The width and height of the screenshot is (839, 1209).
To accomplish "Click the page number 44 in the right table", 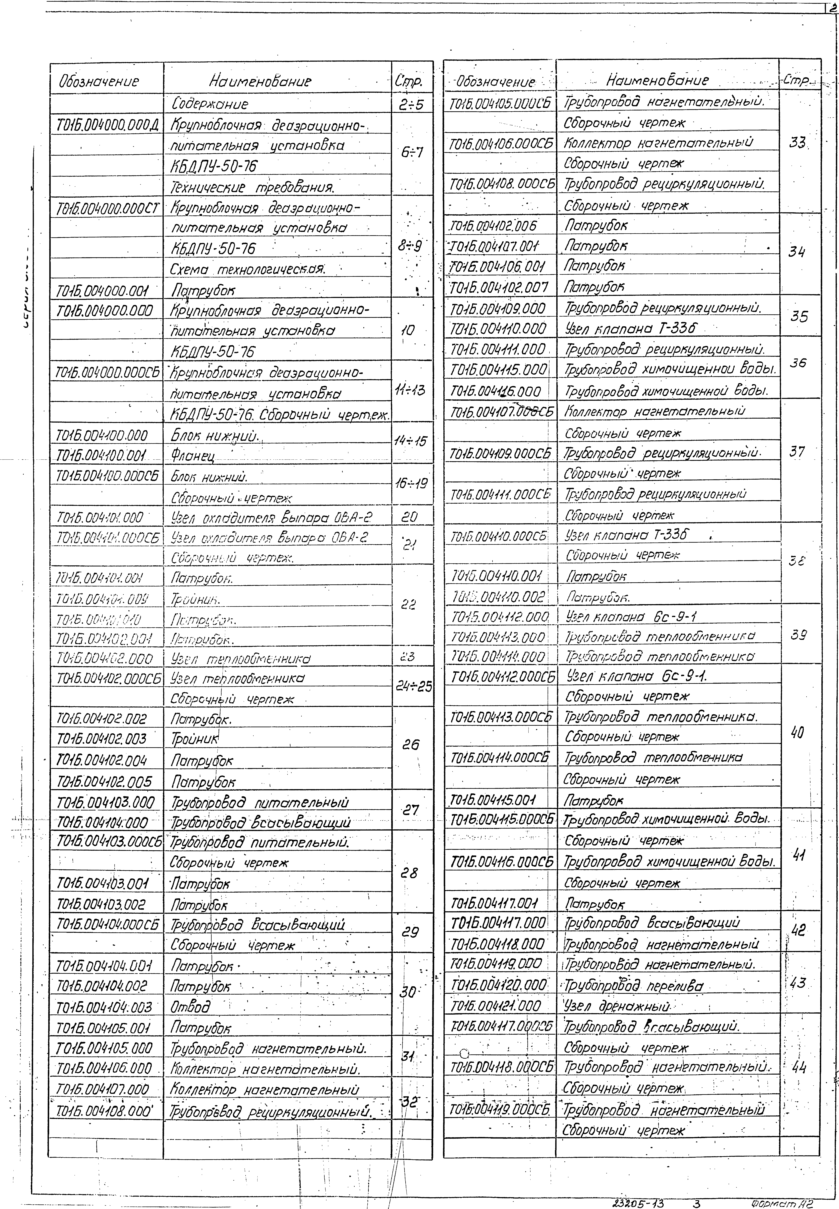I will click(798, 1067).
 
